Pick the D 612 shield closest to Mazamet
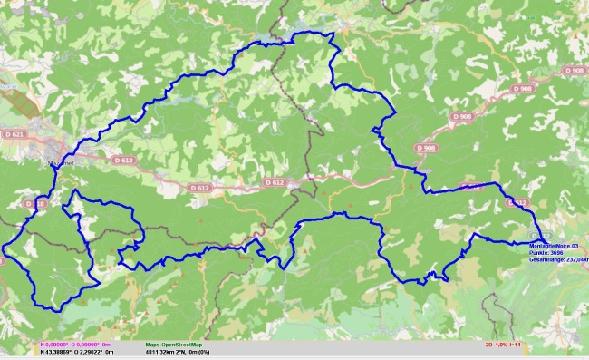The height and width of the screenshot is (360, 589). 123,160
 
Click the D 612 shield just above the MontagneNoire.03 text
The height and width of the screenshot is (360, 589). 518,202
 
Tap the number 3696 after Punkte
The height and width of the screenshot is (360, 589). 557,251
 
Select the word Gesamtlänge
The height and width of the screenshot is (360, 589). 544,258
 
